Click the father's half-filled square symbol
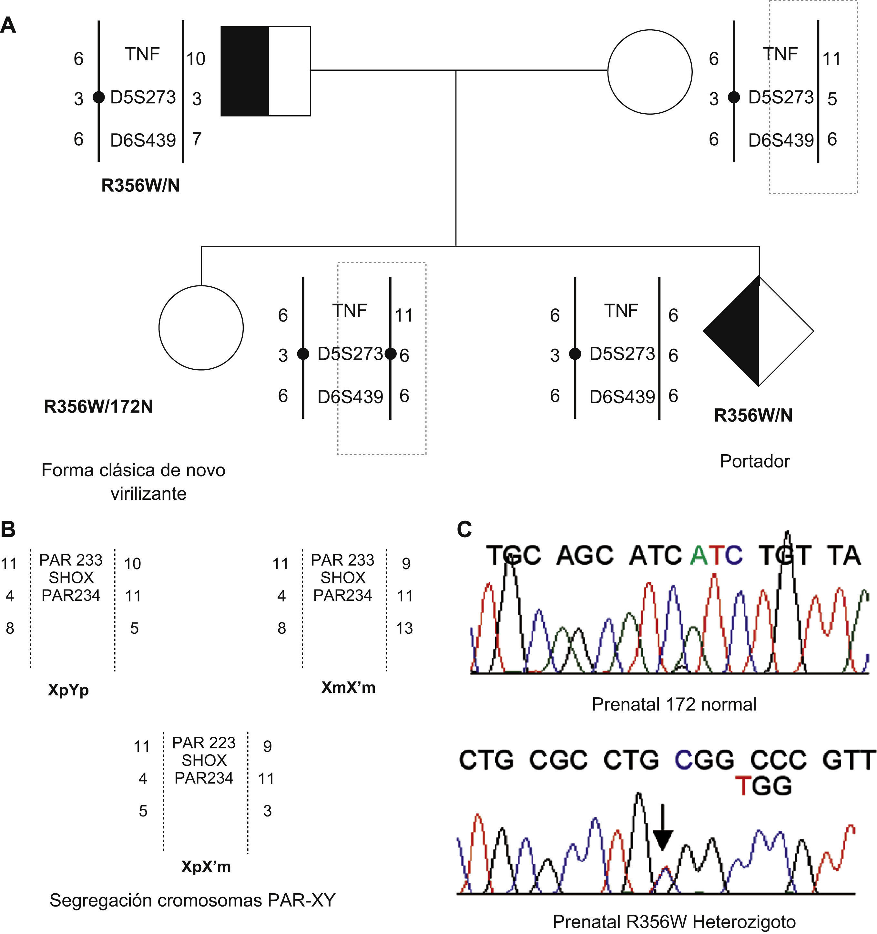point(265,71)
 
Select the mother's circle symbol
point(650,72)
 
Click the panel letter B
point(8,529)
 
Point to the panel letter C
point(464,529)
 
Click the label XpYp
point(68,690)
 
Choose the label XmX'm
point(348,687)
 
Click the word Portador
point(754,461)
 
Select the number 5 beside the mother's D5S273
point(832,99)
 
